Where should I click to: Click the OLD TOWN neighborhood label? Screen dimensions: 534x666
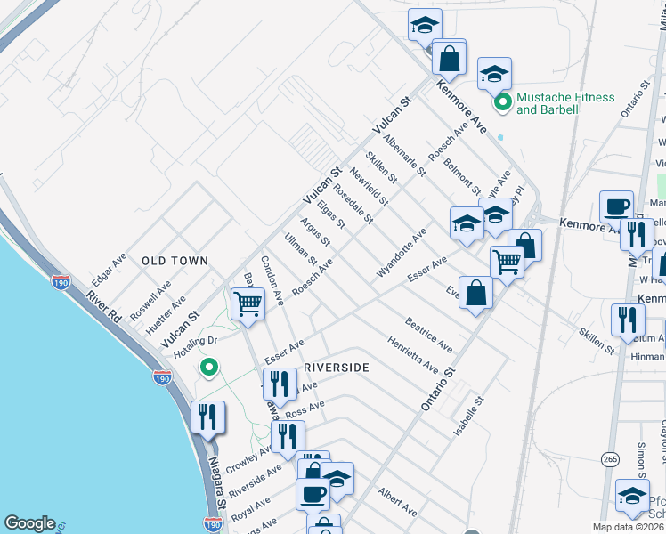[175, 261]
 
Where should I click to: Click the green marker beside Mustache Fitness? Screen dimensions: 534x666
[503, 103]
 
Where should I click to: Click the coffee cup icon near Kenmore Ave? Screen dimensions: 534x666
[616, 207]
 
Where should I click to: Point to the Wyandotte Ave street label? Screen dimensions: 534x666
[402, 252]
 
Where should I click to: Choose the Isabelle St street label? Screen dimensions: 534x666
[468, 416]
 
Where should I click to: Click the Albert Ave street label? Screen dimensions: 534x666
[397, 502]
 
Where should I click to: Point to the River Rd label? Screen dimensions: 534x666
[104, 304]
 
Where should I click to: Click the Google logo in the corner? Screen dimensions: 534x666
[30, 523]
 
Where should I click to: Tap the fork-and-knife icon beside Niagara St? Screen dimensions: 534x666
[207, 417]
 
